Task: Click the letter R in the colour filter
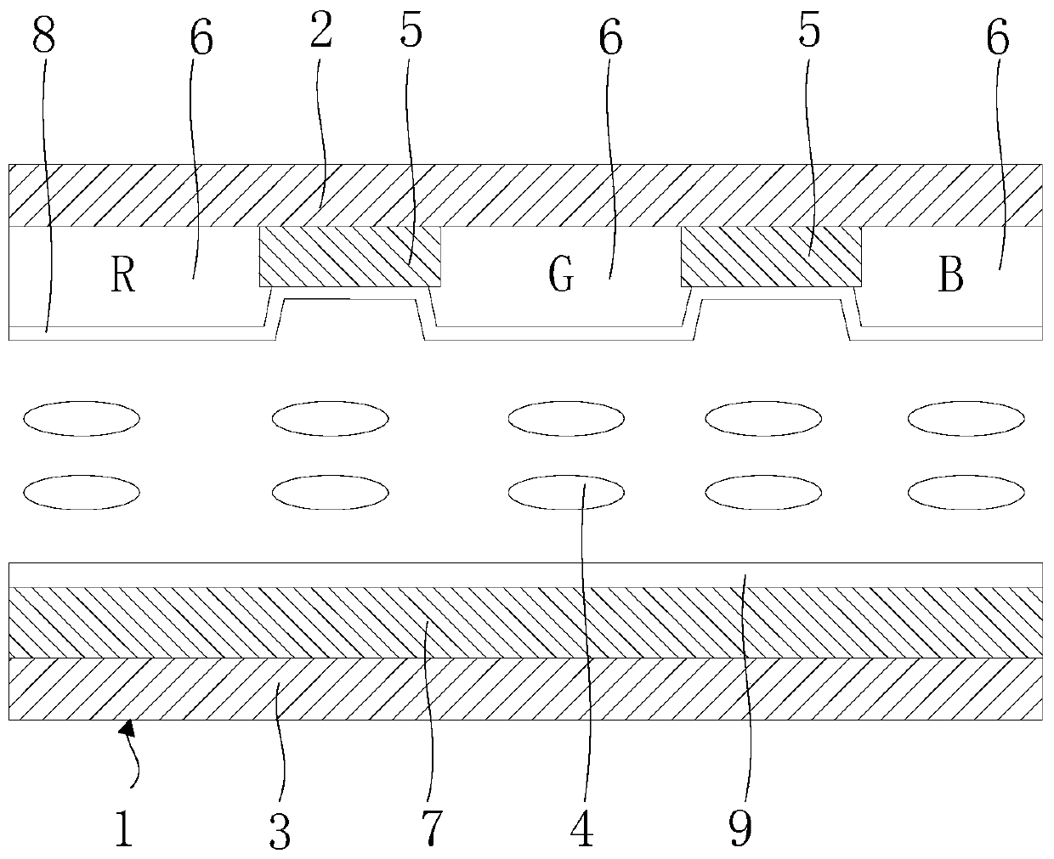(x=123, y=276)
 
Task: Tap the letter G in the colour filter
(x=561, y=276)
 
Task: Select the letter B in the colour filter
(x=951, y=276)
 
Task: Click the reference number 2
(x=320, y=32)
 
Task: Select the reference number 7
(x=431, y=827)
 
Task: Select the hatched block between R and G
(x=349, y=256)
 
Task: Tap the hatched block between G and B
(x=771, y=256)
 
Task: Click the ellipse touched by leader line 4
(x=565, y=491)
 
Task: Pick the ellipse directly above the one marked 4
(x=565, y=417)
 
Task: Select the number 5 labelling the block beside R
(x=410, y=32)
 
